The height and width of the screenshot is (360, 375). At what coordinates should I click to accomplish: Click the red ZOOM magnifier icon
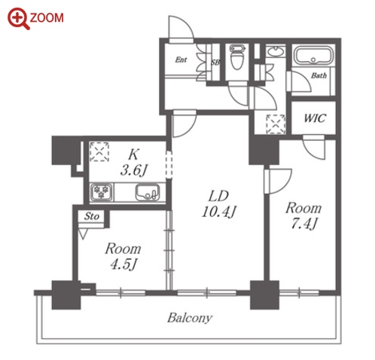tap(18, 18)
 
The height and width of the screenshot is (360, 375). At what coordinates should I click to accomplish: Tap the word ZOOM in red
tap(47, 18)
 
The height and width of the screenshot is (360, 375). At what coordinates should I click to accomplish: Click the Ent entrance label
tap(181, 59)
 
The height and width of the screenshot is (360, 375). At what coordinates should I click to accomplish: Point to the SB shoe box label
tap(215, 63)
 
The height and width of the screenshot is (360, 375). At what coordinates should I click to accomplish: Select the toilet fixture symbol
tap(236, 57)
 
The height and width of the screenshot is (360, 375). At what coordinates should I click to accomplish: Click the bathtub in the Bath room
tap(313, 55)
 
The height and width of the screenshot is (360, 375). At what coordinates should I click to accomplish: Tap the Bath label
tap(319, 75)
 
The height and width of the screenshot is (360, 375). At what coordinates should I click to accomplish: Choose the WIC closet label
tap(315, 118)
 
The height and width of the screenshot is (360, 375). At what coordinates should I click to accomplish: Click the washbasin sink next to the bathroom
tap(276, 51)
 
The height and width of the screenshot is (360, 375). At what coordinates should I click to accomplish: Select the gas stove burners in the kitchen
tap(101, 192)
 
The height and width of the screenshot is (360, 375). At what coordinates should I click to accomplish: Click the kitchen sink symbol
tap(147, 193)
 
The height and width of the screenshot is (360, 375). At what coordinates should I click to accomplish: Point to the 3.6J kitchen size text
tap(133, 171)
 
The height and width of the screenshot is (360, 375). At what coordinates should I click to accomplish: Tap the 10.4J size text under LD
tap(218, 212)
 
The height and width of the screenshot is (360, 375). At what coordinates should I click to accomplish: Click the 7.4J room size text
tap(304, 224)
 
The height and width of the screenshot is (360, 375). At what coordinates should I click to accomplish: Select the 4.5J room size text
tap(123, 264)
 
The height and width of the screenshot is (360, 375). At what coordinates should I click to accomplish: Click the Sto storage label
tap(92, 216)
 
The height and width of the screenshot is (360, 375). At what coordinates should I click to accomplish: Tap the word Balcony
tap(190, 318)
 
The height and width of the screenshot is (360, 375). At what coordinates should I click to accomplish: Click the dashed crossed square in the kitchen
tap(99, 152)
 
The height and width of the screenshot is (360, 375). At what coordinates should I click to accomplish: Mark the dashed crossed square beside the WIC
tap(276, 124)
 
